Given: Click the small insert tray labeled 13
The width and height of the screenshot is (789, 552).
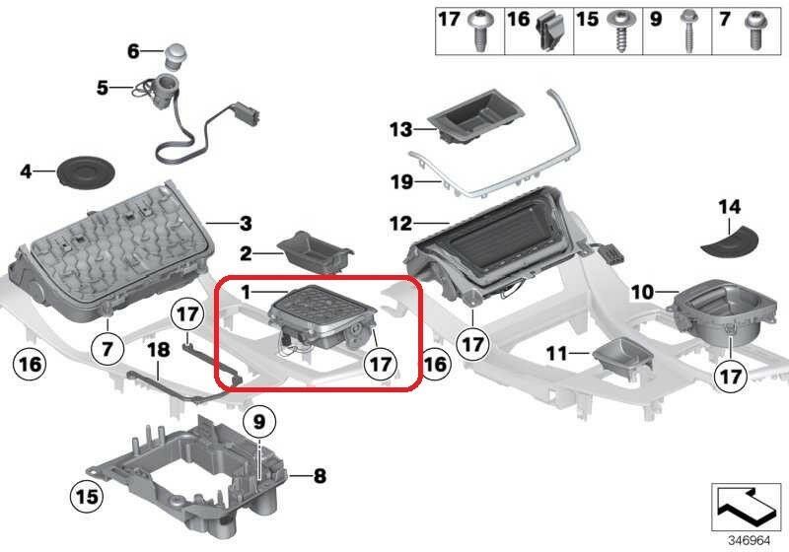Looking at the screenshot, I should tap(474, 119).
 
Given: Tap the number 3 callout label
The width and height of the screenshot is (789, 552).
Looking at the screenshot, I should tap(247, 223).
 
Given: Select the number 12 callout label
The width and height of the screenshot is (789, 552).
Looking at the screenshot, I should tap(400, 224).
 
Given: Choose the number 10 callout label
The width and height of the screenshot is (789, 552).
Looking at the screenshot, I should tap(642, 292).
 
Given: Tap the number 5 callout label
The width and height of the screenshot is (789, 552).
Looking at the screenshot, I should tap(102, 88).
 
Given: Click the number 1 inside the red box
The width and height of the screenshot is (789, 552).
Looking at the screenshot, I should tap(248, 293).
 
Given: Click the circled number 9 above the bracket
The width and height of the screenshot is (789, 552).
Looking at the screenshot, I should tap(258, 423).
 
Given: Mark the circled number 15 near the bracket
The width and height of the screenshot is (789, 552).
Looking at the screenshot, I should tap(88, 494).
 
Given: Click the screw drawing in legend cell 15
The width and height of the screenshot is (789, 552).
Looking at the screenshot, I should tap(620, 33).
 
